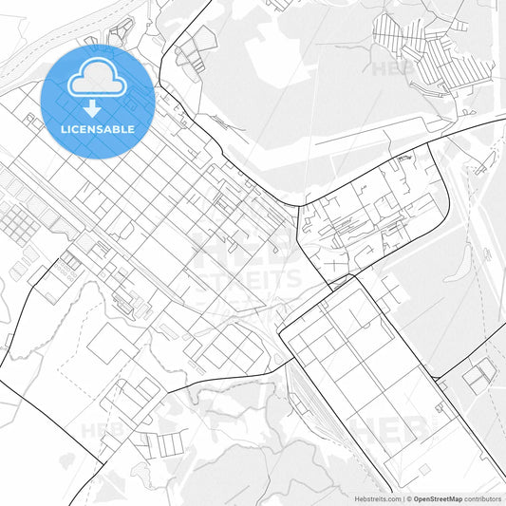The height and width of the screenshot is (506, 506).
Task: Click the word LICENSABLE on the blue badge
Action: pyautogui.click(x=98, y=126)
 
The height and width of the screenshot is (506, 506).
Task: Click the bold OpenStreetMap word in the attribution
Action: pyautogui.click(x=437, y=497)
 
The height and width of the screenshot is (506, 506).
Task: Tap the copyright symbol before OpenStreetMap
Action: pyautogui.click(x=406, y=497)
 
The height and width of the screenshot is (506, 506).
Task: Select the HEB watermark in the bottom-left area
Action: pyautogui.click(x=103, y=429)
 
